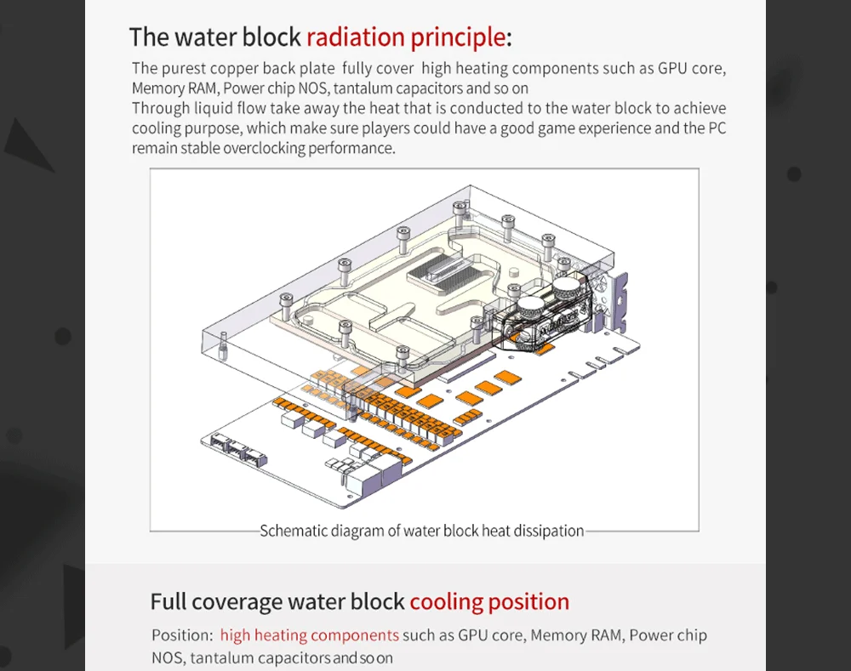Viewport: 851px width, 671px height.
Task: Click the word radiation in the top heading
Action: pyautogui.click(x=356, y=37)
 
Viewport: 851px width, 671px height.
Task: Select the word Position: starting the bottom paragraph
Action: pyautogui.click(x=182, y=635)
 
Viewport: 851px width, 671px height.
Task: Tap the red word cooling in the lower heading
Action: pyautogui.click(x=446, y=602)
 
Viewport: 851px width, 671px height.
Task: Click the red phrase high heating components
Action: pyautogui.click(x=310, y=635)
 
